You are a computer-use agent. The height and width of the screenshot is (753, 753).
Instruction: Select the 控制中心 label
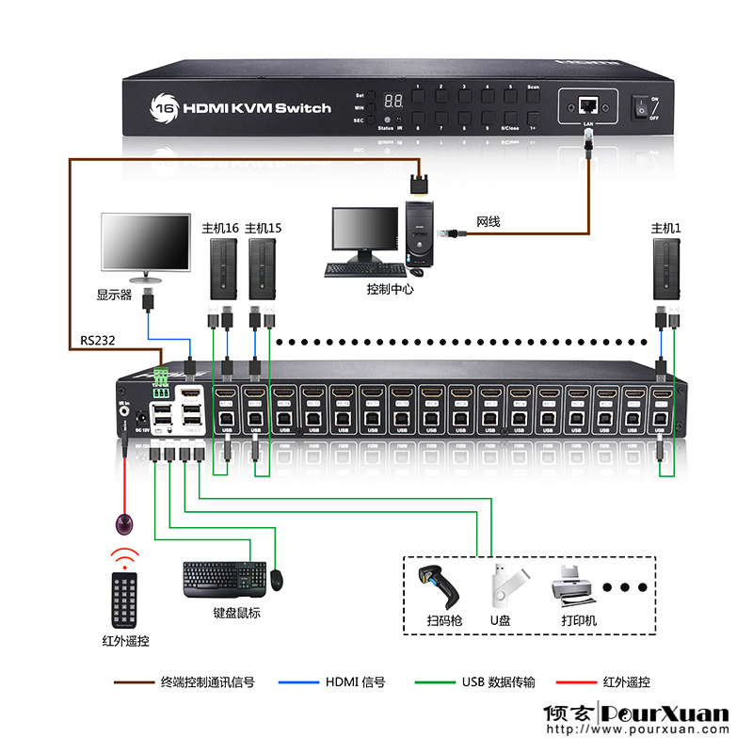390,289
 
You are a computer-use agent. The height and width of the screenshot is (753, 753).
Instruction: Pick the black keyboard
223,579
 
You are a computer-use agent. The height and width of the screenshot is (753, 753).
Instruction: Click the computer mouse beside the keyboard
279,580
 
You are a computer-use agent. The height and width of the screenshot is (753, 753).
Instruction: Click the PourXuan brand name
666,713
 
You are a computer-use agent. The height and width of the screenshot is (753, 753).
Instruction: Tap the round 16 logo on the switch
165,106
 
